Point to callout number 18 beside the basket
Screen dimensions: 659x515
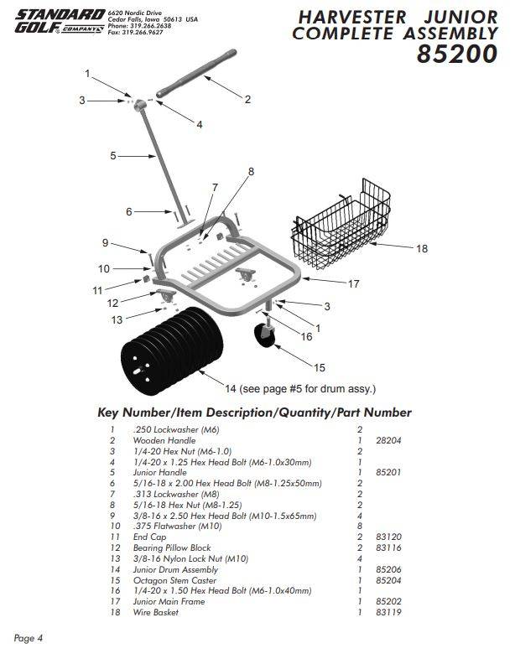pyautogui.click(x=422, y=248)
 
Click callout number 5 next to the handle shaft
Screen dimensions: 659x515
pyautogui.click(x=112, y=155)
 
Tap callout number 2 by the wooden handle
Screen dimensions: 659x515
pyautogui.click(x=247, y=99)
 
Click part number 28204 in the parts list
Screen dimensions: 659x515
pyautogui.click(x=388, y=438)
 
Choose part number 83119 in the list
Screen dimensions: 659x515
pyautogui.click(x=388, y=613)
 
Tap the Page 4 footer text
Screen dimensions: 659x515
pyautogui.click(x=29, y=639)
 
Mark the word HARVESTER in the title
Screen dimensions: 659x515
pyautogui.click(x=351, y=16)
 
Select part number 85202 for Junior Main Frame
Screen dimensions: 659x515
pyautogui.click(x=388, y=602)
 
